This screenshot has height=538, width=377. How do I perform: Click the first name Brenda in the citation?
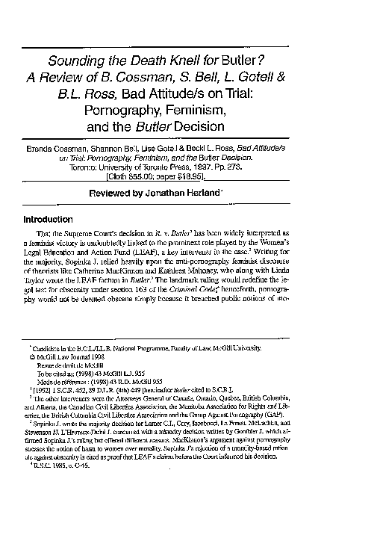[41, 150]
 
